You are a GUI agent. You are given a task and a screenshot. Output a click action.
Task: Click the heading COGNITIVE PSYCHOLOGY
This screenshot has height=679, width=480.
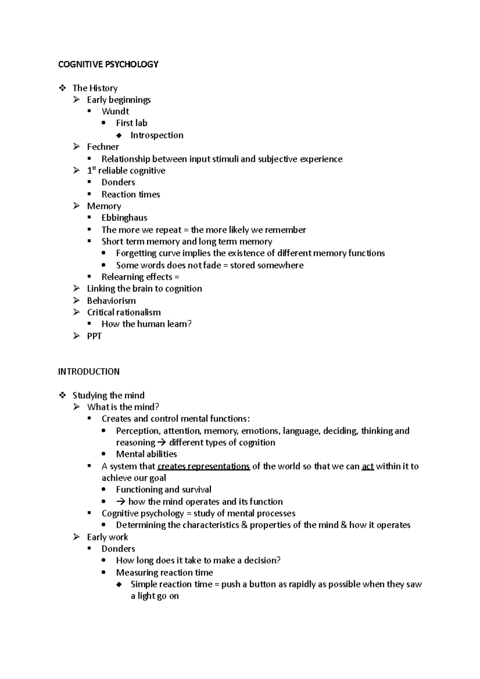point(108,64)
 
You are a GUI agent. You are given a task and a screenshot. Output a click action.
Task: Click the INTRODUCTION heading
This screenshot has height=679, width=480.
point(89,371)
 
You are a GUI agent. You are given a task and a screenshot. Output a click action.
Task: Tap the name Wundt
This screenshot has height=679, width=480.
point(115,112)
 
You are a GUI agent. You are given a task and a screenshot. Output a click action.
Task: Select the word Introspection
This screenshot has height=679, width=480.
point(157,135)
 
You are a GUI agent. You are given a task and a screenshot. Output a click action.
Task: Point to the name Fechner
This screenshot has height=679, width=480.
point(103,147)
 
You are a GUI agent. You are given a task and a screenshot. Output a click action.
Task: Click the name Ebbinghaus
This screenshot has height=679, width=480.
point(124,218)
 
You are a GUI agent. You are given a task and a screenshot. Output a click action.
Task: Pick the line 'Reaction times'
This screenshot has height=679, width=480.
point(131,194)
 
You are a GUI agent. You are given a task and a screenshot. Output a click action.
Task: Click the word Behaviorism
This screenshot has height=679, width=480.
point(111,301)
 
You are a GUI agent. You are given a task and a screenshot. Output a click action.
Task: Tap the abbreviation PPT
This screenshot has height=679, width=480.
point(94,336)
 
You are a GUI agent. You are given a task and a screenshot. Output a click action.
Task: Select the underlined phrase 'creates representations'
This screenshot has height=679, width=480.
point(204,466)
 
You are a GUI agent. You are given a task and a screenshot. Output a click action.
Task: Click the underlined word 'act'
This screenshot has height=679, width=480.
point(368,466)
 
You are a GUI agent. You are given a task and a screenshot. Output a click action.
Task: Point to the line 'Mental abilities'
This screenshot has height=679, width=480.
point(146,454)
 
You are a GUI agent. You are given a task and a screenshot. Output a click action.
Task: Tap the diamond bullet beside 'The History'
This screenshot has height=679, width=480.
point(62,88)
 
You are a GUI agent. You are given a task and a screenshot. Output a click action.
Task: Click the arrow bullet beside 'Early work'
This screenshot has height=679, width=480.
point(77,537)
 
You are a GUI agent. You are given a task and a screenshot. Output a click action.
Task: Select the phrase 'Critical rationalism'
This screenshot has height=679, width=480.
point(124,312)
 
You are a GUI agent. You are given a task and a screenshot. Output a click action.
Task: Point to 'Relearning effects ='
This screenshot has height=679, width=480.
point(140,277)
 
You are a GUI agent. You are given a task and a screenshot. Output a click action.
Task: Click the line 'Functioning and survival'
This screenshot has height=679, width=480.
point(164,489)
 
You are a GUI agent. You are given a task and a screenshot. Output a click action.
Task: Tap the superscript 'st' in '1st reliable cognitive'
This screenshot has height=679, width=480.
point(94,168)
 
